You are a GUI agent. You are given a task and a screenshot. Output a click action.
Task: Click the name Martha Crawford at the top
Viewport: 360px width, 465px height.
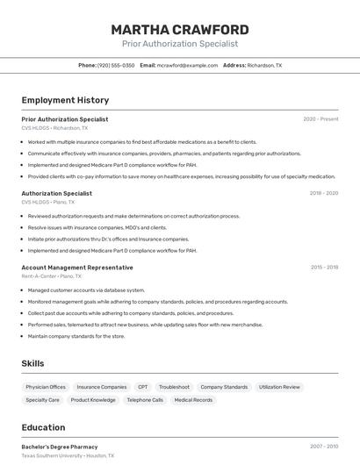tap(180, 29)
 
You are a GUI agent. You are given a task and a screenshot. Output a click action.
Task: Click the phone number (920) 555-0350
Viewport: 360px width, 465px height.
tap(116, 65)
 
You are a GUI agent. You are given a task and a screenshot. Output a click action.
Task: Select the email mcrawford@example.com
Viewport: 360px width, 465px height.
tap(187, 65)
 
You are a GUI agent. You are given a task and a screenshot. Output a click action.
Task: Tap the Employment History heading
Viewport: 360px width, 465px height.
tap(65, 100)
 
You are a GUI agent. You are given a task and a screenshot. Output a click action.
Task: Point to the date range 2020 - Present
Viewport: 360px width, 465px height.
tap(320, 119)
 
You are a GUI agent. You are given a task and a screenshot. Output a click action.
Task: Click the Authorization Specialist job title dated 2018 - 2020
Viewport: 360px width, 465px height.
tap(56, 193)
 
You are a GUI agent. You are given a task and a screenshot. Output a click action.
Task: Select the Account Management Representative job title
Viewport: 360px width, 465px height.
tap(77, 268)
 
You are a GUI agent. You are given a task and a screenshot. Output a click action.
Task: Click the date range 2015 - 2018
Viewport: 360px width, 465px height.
tap(324, 268)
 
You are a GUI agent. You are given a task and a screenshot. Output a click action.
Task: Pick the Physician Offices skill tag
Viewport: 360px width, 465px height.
tap(46, 387)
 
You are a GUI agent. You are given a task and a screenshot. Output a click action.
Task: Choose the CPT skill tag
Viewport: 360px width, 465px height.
tap(142, 387)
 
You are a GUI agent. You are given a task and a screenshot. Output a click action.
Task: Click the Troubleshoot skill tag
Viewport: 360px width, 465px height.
tap(174, 387)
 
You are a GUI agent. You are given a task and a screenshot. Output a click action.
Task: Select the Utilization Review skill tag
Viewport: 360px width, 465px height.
tap(279, 387)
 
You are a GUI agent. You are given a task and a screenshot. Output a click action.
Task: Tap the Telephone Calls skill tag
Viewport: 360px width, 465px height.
tap(145, 400)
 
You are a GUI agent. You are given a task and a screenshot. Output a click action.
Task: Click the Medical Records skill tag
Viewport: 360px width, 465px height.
tap(193, 400)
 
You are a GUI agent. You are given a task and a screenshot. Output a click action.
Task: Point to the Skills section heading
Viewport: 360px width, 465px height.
tap(32, 363)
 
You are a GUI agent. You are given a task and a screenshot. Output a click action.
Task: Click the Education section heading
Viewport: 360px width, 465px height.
tap(43, 427)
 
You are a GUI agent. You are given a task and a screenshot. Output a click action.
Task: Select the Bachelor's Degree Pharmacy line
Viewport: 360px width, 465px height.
tap(60, 447)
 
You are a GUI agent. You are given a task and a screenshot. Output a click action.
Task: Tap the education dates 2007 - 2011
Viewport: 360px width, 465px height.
tap(324, 447)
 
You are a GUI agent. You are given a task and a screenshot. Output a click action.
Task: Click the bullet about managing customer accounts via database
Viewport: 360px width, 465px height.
tap(86, 290)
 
